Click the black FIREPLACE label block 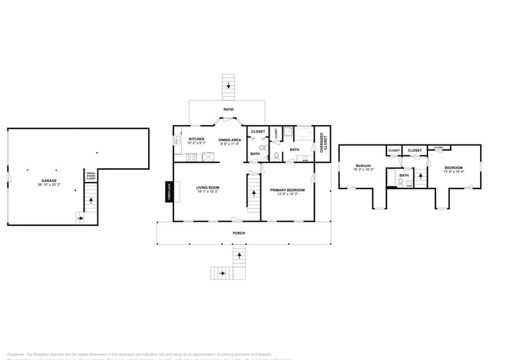point(169,191)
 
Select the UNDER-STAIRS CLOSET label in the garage point(91,176)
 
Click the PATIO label point(228,110)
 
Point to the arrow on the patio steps point(228,86)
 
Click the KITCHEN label point(196,139)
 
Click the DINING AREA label point(230,140)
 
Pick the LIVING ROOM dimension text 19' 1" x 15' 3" point(208,192)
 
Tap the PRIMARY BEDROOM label point(287,190)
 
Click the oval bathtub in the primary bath point(304,134)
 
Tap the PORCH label point(238,233)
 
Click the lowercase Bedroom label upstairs point(364,166)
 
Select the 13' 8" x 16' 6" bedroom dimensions point(453,173)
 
